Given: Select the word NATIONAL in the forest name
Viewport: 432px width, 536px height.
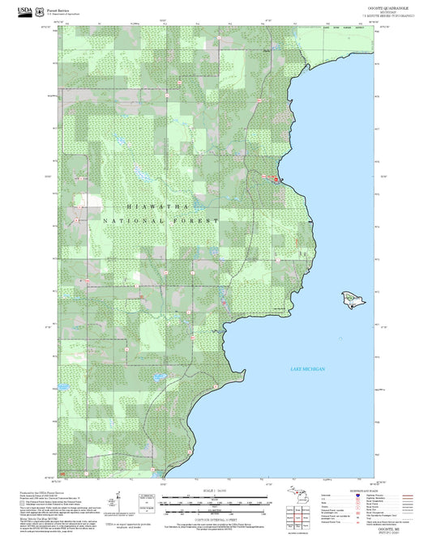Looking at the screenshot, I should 133,220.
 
